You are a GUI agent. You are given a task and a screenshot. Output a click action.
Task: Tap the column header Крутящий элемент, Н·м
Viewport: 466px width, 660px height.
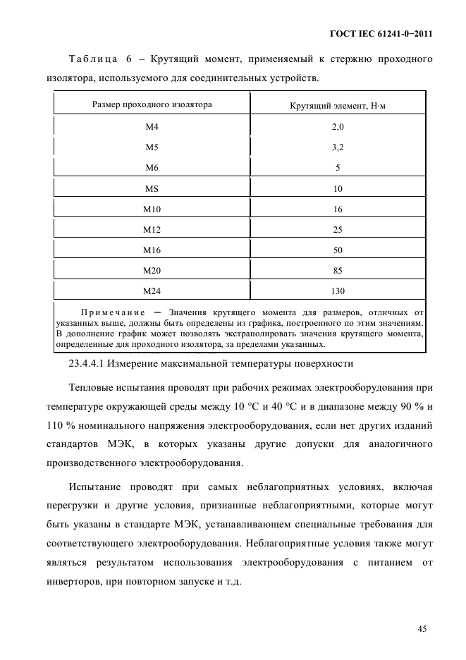(x=337, y=105)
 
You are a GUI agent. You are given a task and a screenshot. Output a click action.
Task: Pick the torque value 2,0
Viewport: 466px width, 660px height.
(x=337, y=127)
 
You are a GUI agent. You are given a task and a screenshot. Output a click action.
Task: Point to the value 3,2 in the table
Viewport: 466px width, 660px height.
(x=337, y=147)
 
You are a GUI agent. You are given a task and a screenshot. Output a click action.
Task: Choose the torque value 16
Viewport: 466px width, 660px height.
(x=337, y=209)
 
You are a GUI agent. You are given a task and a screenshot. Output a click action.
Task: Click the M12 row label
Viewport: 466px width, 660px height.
(x=152, y=229)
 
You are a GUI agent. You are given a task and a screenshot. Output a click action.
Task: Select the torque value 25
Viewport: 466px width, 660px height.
(x=337, y=229)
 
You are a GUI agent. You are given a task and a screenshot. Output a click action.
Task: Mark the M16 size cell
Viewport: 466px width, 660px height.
(x=152, y=250)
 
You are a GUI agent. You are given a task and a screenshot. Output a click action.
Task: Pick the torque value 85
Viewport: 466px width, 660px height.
(x=337, y=270)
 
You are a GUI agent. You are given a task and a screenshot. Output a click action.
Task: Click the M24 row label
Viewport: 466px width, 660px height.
(x=152, y=291)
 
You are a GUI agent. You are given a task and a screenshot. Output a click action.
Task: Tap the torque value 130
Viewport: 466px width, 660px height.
(x=337, y=291)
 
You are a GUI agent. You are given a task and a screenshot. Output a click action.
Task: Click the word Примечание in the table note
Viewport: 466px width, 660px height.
(x=113, y=312)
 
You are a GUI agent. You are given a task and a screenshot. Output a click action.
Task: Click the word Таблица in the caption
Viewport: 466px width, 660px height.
(x=92, y=60)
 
